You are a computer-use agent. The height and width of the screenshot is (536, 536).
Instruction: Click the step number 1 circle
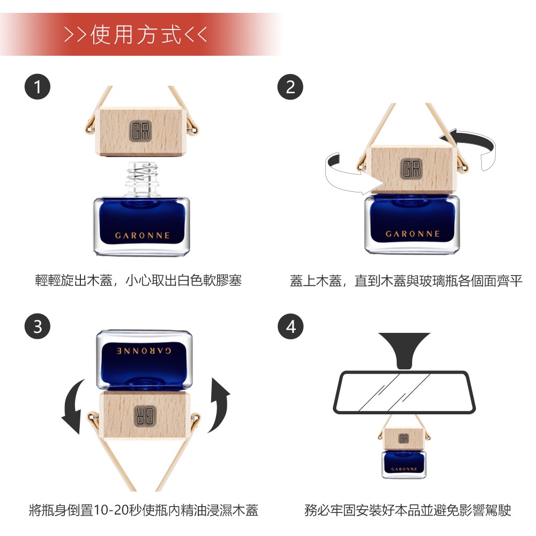[38, 87]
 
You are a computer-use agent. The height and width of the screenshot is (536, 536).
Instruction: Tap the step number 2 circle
[290, 87]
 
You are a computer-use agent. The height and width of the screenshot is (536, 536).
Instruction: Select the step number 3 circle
[38, 326]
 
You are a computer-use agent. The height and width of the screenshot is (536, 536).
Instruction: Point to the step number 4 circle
[291, 326]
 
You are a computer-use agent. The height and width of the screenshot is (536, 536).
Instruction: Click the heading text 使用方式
[136, 35]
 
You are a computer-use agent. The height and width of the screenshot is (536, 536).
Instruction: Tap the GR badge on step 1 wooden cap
[140, 131]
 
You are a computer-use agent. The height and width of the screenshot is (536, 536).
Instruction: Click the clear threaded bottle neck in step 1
[142, 178]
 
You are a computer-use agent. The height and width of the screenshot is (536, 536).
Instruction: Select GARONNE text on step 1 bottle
[142, 235]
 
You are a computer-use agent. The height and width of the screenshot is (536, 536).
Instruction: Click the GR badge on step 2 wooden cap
[411, 169]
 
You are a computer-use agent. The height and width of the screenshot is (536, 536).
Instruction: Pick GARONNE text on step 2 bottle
[413, 234]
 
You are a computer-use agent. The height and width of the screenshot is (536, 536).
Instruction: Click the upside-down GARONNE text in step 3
[144, 351]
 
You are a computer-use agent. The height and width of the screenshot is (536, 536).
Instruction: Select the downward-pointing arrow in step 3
[75, 407]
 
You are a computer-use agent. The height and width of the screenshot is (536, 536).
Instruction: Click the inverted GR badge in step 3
[145, 416]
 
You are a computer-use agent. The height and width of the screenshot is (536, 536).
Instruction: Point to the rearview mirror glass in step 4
[404, 392]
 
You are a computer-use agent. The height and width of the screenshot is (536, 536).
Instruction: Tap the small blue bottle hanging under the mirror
[404, 464]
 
